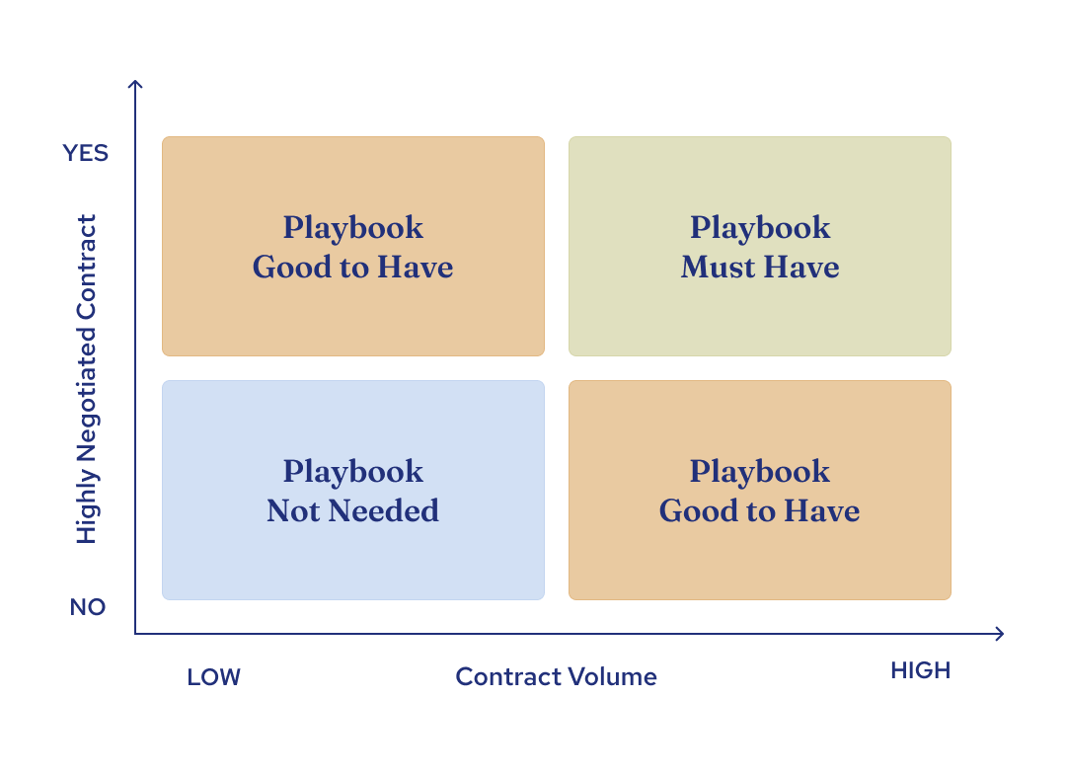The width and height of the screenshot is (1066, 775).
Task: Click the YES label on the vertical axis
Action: (x=86, y=153)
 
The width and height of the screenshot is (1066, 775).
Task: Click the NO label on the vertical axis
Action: (x=87, y=607)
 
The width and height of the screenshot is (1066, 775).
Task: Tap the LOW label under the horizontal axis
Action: (x=213, y=677)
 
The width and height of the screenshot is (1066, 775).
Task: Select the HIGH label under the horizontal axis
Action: (x=920, y=671)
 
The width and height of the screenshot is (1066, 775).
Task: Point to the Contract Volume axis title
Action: (x=556, y=677)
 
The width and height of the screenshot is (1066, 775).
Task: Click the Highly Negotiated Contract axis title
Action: (x=88, y=379)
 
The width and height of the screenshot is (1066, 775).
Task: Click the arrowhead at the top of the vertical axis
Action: (x=136, y=84)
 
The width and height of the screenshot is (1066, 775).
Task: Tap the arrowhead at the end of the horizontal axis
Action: (x=1000, y=634)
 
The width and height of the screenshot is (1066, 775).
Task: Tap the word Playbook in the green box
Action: (x=760, y=228)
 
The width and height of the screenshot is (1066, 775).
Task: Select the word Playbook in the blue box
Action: (x=353, y=472)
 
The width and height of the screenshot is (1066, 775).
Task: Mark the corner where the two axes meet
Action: (x=136, y=634)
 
